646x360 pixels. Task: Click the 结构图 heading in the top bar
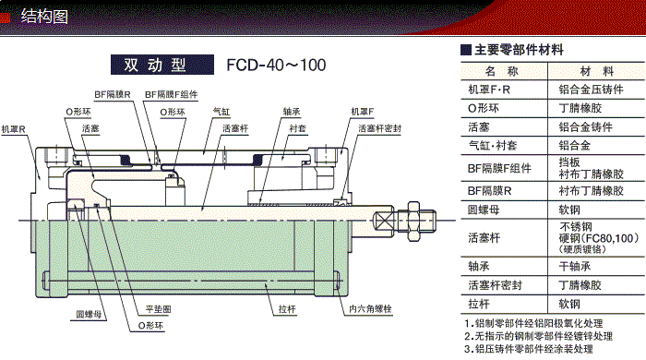click(x=46, y=15)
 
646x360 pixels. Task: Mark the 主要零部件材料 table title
click(x=519, y=50)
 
